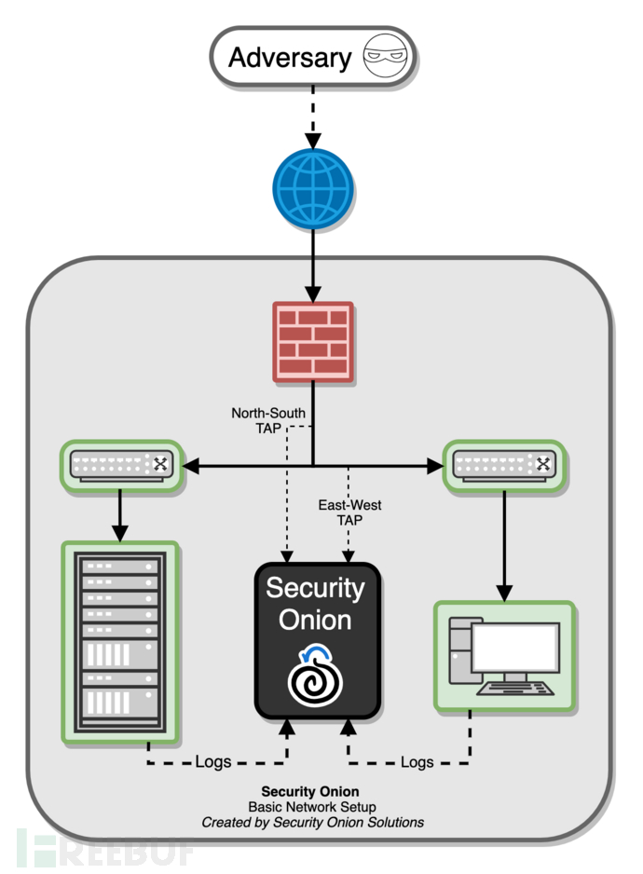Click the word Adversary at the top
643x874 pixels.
click(x=290, y=58)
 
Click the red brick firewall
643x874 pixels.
click(x=312, y=342)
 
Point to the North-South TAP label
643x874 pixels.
click(x=268, y=419)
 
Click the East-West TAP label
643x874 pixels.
click(x=349, y=512)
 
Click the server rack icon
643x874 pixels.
click(x=118, y=642)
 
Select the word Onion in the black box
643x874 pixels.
click(x=315, y=620)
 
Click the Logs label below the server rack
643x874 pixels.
click(x=212, y=761)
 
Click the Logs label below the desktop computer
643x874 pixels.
click(x=417, y=761)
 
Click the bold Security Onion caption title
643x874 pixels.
click(x=310, y=791)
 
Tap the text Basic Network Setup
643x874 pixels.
click(x=310, y=806)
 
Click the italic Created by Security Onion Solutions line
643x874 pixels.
click(x=312, y=822)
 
